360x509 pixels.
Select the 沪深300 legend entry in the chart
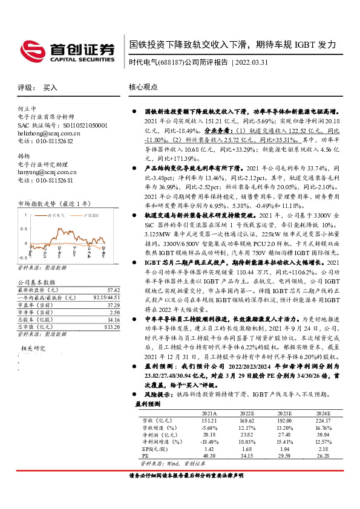(91, 215)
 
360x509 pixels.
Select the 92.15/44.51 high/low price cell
(105, 298)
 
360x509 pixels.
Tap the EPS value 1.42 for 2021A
(209, 449)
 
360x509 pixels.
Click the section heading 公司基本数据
(37, 282)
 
